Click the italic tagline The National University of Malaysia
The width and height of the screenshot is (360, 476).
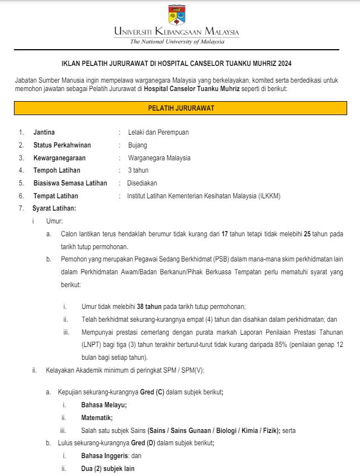point(177,41)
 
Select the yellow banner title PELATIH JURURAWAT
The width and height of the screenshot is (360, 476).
point(181,108)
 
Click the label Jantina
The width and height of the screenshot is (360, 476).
point(44,132)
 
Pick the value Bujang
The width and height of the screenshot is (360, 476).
point(137,145)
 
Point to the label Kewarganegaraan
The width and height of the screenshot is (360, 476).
point(59,158)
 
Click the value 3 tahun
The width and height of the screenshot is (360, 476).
point(138,170)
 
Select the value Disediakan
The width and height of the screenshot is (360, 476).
point(142,183)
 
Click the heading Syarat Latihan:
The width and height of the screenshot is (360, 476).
point(54,208)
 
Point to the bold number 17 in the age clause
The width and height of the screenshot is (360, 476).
point(225,234)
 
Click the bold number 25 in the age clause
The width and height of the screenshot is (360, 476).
point(307,234)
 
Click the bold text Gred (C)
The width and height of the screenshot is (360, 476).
point(152,392)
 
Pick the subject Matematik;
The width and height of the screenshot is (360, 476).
point(97,417)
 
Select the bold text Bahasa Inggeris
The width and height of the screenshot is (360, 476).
point(101,456)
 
